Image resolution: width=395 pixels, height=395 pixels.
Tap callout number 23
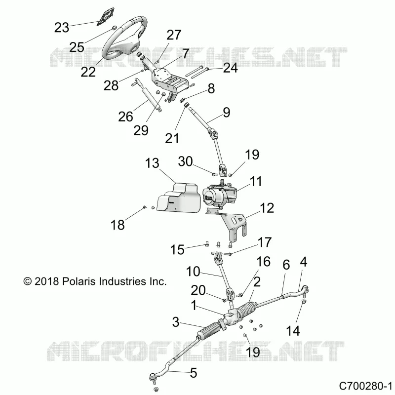click(62, 28)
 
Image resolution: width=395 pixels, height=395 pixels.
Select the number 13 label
click(152, 163)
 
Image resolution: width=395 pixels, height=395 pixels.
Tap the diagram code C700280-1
click(365, 386)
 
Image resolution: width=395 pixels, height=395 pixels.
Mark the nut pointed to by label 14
click(304, 302)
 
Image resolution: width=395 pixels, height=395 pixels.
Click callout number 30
click(186, 161)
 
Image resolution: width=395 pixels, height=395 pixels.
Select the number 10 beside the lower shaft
click(193, 272)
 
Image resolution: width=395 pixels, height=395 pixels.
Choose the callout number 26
click(125, 117)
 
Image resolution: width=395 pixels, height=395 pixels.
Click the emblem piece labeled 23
click(106, 16)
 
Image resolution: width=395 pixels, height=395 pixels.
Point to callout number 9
click(227, 113)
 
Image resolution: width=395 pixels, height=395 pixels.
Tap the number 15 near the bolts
click(177, 250)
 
